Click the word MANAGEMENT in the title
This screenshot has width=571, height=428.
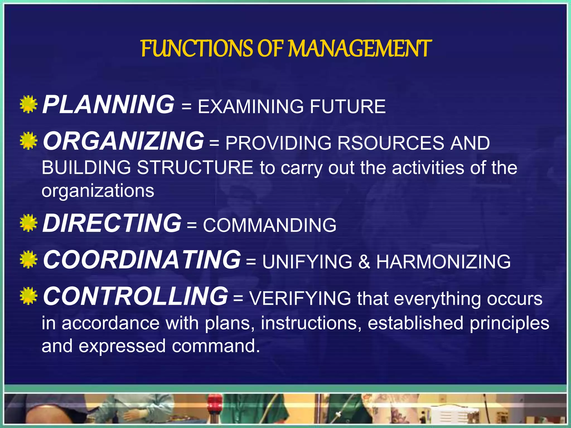coord(360,48)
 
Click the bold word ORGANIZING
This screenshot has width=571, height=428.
coord(123,141)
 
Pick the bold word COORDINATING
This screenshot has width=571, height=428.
coord(142,260)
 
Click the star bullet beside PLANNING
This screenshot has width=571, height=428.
coord(28,104)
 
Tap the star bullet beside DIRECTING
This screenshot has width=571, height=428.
coord(28,223)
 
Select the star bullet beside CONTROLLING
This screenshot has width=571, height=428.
coord(28,296)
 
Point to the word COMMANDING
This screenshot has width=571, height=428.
coord(270,225)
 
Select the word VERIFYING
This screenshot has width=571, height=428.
coord(300,298)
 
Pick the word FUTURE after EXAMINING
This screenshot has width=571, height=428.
coord(348,107)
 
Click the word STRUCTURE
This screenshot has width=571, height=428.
coord(195,168)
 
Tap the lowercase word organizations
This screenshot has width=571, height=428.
coord(98,191)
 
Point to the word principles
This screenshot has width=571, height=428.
coord(509,323)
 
